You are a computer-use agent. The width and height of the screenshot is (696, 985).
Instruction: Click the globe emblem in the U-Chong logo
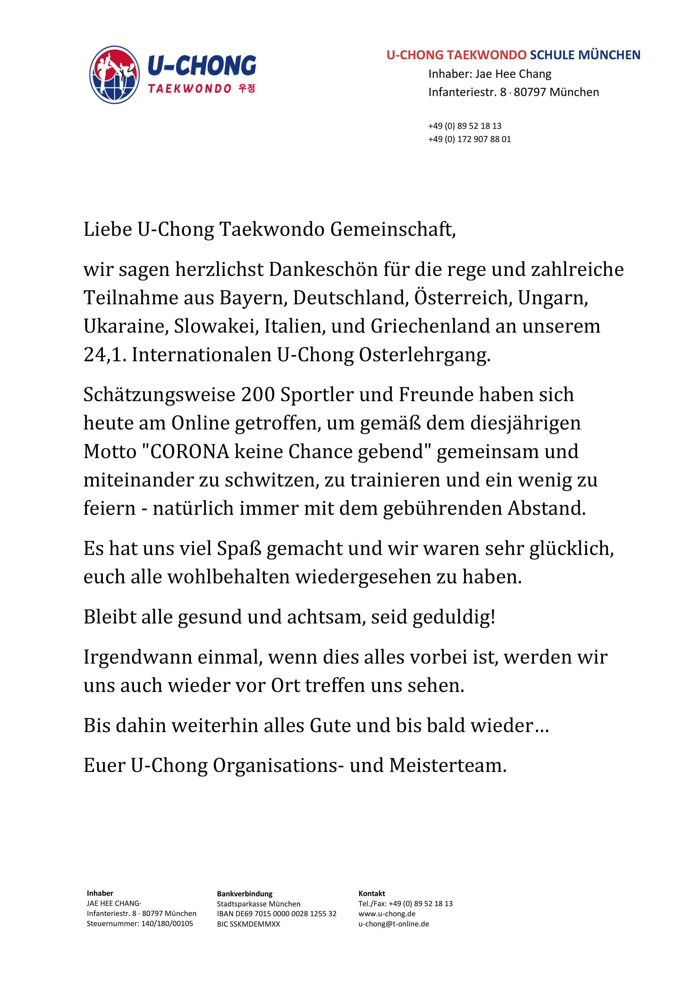pyautogui.click(x=114, y=75)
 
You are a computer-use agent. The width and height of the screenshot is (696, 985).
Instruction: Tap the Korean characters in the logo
pyautogui.click(x=247, y=88)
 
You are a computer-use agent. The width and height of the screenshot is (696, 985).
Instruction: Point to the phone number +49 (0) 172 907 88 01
pyautogui.click(x=469, y=139)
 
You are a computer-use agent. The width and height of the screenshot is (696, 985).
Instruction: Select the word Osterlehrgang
pyautogui.click(x=425, y=355)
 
